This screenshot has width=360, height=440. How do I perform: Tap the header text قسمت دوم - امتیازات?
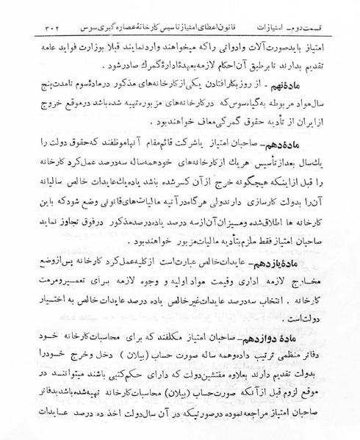48,11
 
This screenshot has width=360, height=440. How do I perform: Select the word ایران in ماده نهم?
328,123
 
